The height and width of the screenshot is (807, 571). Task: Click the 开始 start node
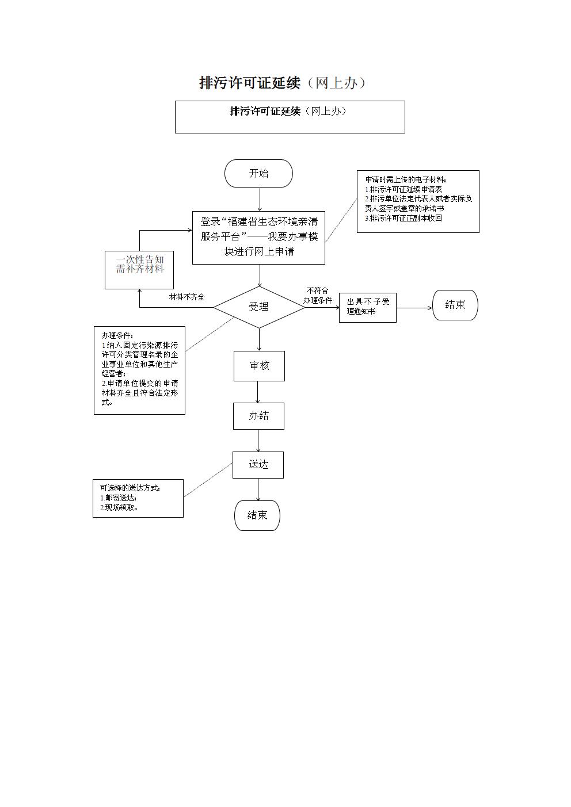[x=258, y=173]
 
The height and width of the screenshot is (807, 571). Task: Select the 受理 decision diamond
[x=259, y=307]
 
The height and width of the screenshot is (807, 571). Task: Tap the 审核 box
[x=259, y=366]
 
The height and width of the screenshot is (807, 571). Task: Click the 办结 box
[x=258, y=416]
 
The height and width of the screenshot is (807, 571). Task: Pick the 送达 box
[x=258, y=465]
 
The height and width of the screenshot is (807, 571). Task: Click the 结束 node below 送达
[x=257, y=515]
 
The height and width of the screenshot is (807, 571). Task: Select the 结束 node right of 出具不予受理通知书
[x=455, y=305]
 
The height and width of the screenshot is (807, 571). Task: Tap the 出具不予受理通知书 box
[x=368, y=308]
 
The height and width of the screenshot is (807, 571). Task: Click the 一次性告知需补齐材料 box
[x=139, y=270]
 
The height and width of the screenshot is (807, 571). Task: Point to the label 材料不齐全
[x=186, y=297]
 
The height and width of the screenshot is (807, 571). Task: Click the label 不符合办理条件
[x=317, y=296]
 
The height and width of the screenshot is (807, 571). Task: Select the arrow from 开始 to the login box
[x=260, y=199]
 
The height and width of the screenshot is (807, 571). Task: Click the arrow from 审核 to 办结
[x=258, y=392]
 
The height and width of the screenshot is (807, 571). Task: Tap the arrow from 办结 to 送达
[x=258, y=441]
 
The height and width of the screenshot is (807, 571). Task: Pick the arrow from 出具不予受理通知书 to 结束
[x=414, y=308]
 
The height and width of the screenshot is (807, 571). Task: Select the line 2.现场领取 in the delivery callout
[x=119, y=508]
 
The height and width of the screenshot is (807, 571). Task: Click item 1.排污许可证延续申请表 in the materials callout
[x=403, y=189]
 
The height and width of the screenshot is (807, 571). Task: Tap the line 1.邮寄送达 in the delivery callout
[x=119, y=498]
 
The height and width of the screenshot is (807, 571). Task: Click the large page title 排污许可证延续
[x=250, y=83]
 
